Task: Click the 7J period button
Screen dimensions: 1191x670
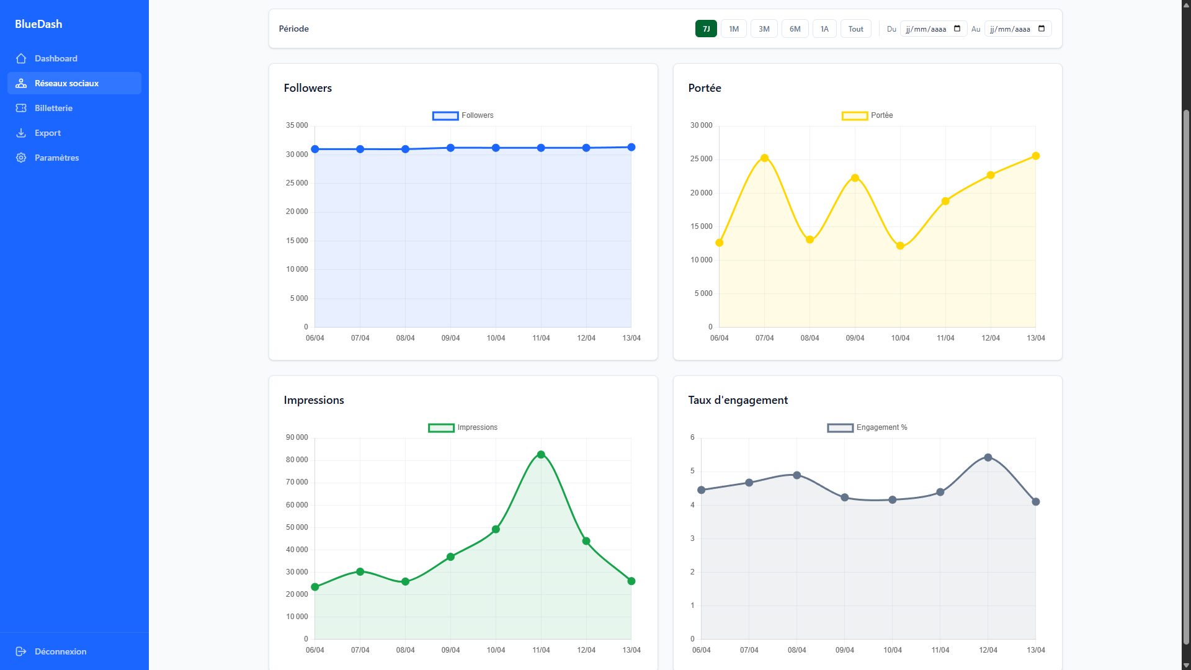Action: click(x=706, y=29)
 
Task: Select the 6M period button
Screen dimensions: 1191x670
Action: click(x=795, y=29)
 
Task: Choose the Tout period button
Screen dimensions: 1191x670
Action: click(x=855, y=29)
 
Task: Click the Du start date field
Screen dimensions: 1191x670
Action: click(x=933, y=29)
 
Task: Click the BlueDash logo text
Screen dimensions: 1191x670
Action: click(x=38, y=24)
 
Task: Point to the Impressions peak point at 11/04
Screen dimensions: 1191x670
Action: click(x=541, y=455)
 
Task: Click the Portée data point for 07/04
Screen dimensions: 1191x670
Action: click(x=764, y=158)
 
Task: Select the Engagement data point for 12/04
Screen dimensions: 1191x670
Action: click(x=988, y=458)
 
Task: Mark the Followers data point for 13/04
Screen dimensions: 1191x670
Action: click(x=631, y=147)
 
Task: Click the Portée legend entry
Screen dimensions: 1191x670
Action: click(x=867, y=115)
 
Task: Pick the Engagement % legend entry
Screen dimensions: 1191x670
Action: click(x=867, y=427)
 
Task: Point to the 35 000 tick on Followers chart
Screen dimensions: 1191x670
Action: click(x=297, y=125)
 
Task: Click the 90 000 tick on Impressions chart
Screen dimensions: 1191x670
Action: click(x=297, y=437)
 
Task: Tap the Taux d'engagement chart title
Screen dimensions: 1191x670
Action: click(x=738, y=400)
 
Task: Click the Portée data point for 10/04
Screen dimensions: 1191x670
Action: click(x=900, y=246)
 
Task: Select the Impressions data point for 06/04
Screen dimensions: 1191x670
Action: click(x=315, y=587)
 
